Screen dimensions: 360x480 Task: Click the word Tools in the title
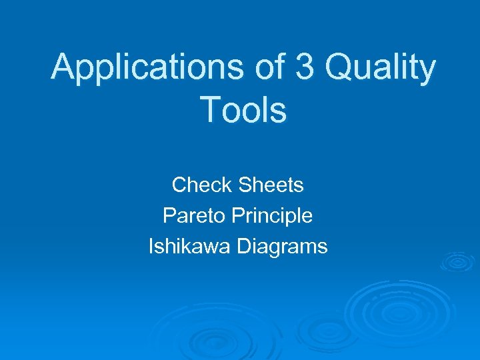[x=243, y=110]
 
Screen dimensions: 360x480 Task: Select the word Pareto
[x=193, y=215]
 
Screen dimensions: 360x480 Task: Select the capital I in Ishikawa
[x=151, y=246]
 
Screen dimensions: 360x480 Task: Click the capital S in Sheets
[x=241, y=184]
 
